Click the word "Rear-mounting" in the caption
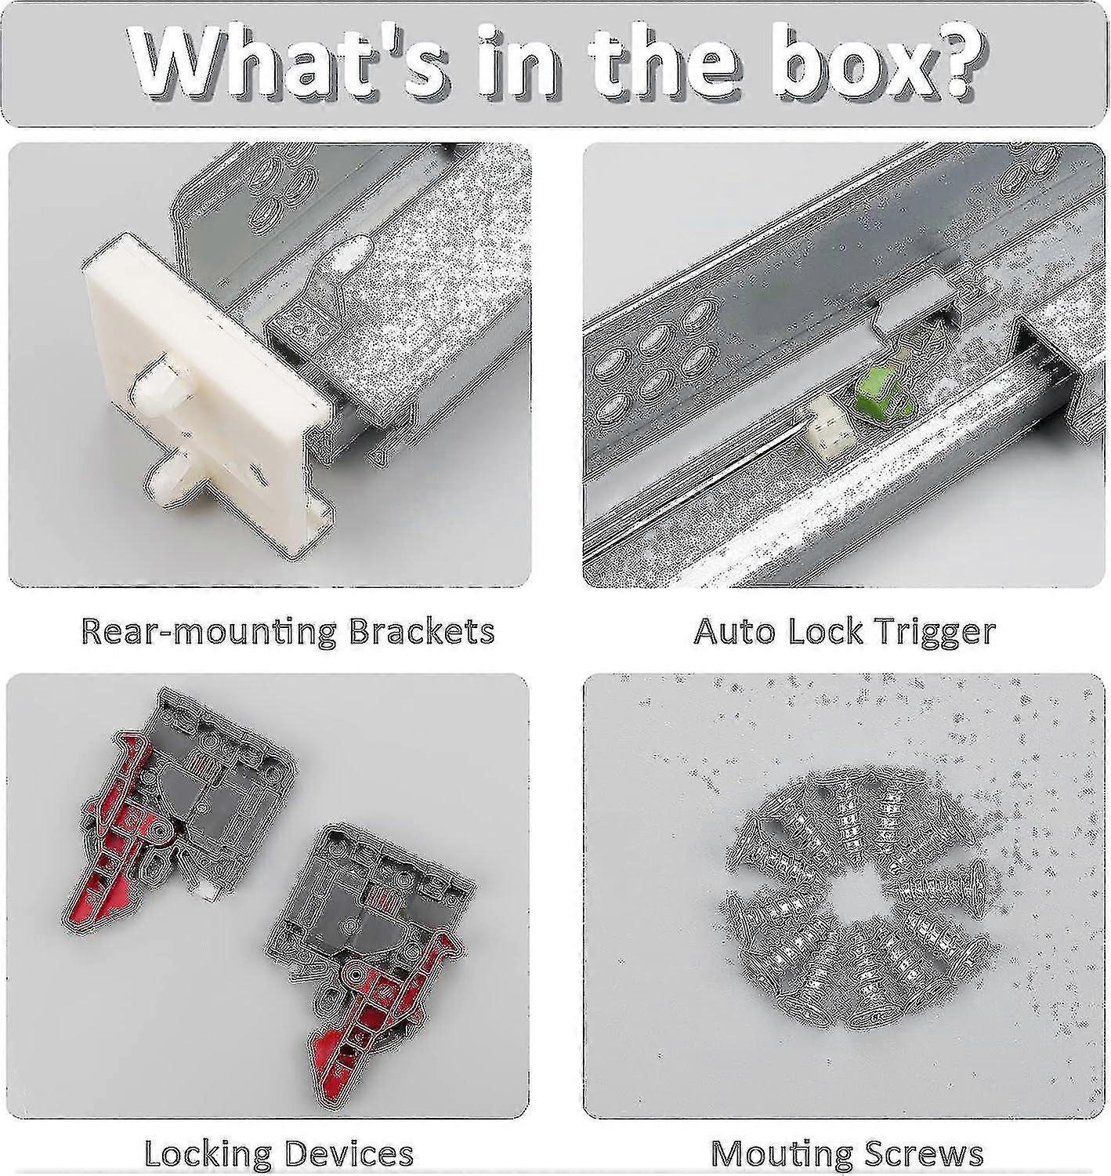(208, 632)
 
